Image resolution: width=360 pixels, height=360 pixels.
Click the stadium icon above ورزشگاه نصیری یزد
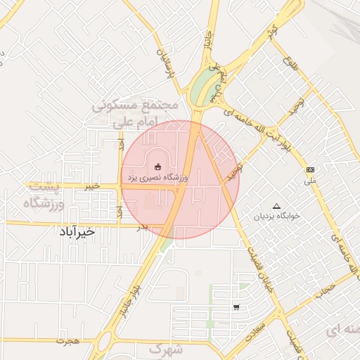click(157, 167)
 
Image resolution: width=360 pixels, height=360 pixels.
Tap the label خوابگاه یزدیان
click(276, 216)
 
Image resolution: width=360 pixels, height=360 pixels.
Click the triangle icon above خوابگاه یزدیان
click(276, 206)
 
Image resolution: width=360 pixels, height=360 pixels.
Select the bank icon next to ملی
click(310, 170)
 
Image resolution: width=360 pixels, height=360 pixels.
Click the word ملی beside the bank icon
click(311, 180)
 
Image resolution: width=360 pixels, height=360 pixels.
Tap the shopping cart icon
click(236, 307)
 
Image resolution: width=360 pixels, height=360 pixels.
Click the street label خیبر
click(91, 186)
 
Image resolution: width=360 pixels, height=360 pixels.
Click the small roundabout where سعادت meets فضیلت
click(281, 312)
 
